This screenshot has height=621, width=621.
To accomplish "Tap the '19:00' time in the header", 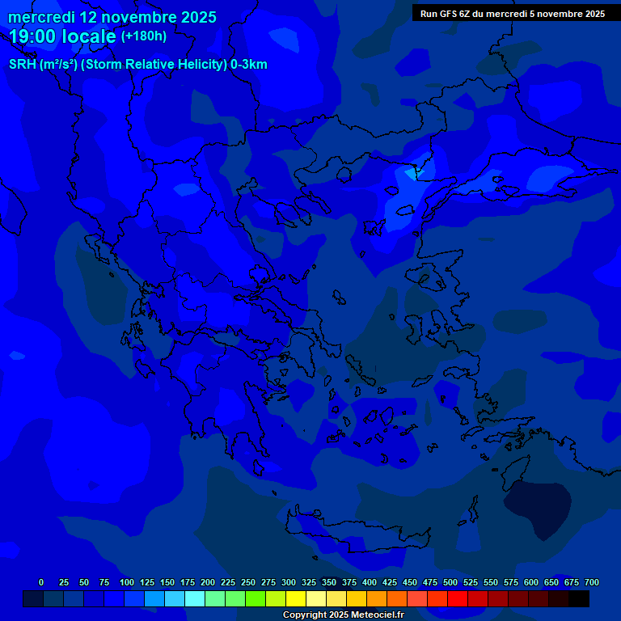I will coord(37,36).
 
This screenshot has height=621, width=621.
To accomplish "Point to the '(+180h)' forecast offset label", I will coord(143,36).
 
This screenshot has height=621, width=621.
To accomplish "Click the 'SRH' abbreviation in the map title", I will coord(22,65).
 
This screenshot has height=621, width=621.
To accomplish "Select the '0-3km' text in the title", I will coord(249,65).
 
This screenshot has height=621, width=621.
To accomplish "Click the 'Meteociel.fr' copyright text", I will coord(372,615).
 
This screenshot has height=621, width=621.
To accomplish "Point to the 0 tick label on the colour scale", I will coord(41,582).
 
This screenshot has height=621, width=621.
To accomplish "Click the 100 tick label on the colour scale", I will coord(127,582).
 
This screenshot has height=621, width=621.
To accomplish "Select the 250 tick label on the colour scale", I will coord(248,582).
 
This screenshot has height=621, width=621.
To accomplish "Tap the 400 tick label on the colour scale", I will coord(370,582).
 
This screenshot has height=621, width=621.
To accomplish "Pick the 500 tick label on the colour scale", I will coord(450,582).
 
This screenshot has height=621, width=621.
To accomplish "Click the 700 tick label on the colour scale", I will coord(592,582).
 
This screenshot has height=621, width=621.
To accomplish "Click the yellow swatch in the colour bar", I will coord(296,598).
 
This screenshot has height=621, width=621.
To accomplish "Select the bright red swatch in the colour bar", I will coord(458,598).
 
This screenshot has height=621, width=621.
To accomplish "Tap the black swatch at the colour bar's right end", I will coord(579,598).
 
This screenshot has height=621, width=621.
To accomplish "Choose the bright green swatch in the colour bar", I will coord(256,598).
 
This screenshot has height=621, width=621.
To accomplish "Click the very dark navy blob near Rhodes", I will coord(537,506).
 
